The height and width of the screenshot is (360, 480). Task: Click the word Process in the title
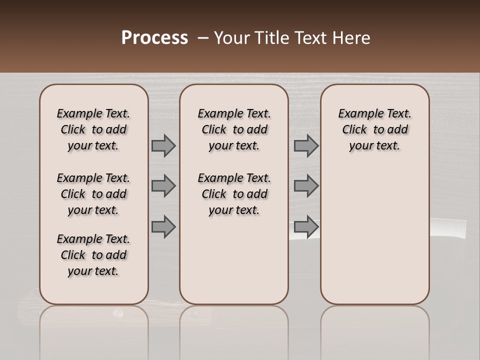click(154, 38)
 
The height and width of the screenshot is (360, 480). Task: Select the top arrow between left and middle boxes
click(163, 145)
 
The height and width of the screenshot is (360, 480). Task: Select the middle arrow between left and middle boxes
click(163, 186)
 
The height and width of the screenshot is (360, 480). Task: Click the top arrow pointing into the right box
click(306, 145)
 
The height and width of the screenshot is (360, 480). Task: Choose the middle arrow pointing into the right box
click(306, 186)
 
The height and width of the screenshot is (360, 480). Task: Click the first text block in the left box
click(93, 129)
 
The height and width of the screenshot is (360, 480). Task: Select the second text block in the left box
click(93, 194)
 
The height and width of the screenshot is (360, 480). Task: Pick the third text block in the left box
click(93, 255)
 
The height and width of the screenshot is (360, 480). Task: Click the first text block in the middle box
click(234, 129)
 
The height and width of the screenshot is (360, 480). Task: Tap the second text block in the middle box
click(234, 194)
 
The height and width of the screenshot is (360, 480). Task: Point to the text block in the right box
click(374, 129)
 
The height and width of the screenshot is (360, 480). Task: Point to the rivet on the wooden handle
click(118, 313)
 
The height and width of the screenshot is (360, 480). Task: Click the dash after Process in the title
click(203, 38)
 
